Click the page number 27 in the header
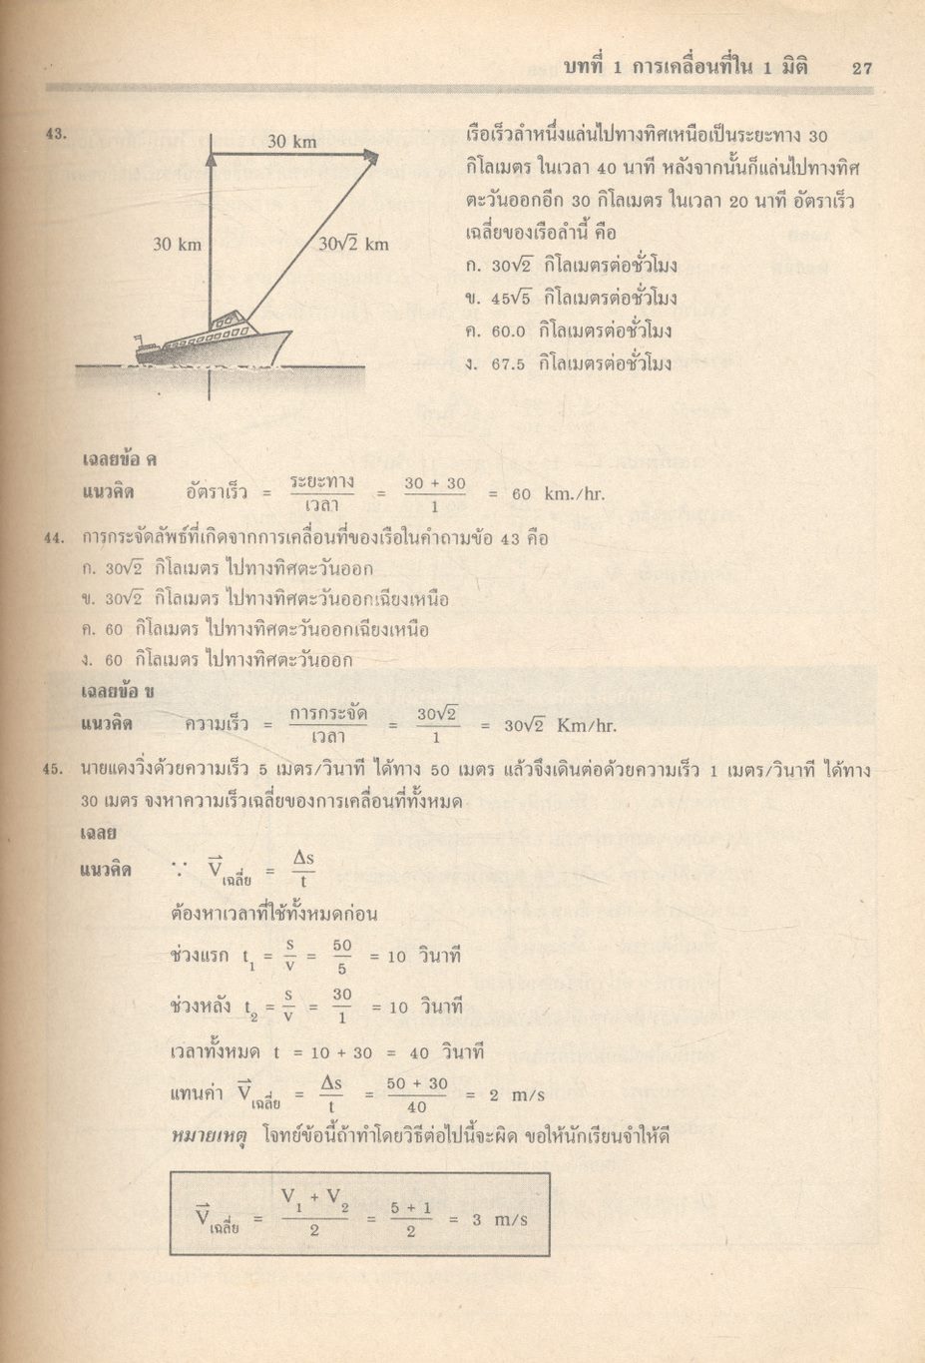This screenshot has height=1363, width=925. tap(862, 68)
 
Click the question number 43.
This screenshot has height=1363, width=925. tap(56, 133)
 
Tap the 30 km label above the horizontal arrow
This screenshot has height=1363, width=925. tap(291, 142)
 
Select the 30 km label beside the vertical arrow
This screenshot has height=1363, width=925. tap(177, 244)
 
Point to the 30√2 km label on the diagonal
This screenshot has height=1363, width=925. tap(354, 244)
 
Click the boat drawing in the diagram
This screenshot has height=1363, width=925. tap(213, 341)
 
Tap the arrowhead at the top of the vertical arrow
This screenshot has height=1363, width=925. tap(211, 155)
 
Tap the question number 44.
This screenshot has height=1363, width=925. tap(56, 539)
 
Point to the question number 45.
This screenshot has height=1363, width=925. tap(56, 770)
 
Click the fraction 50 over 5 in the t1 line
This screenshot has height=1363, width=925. tap(342, 956)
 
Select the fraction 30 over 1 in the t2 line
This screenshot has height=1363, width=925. tap(342, 1006)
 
